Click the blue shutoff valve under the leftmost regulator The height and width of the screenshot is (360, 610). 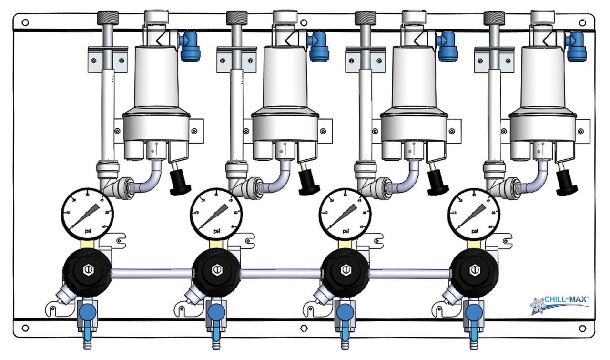point(87,313)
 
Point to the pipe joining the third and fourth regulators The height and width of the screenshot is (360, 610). point(410,273)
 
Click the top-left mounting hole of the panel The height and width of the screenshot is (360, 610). point(25,22)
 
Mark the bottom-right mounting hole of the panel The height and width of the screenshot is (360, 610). point(582,329)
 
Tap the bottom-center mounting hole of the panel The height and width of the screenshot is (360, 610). point(304,329)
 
